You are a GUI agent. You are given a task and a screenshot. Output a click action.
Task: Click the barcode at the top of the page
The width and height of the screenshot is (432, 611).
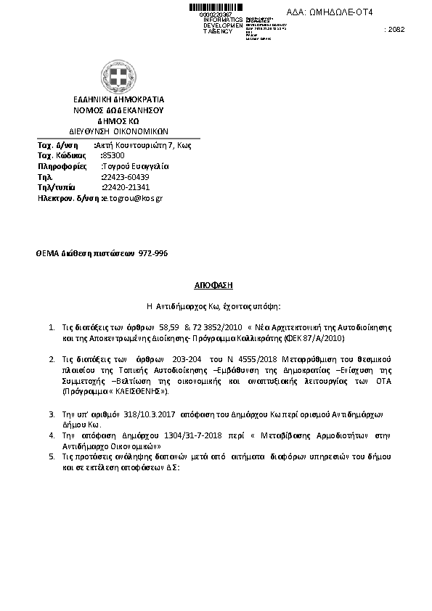point(218,7)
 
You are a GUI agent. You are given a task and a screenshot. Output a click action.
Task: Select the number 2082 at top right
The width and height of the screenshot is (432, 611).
point(395,30)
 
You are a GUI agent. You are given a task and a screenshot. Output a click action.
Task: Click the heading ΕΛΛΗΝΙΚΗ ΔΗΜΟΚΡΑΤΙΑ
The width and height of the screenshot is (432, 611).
point(119,99)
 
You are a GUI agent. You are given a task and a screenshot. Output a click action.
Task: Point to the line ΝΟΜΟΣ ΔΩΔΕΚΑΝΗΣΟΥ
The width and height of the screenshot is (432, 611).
point(119,110)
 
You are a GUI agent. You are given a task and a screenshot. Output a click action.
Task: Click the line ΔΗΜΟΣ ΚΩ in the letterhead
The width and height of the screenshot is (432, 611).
point(119,121)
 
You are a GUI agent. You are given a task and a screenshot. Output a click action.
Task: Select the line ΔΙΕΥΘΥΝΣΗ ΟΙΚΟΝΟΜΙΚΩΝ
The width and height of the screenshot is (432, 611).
point(119,132)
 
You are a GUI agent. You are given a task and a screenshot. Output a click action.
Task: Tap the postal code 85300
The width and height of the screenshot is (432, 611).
point(114,155)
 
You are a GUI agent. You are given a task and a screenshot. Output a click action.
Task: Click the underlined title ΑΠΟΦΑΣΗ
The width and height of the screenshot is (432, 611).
point(216,286)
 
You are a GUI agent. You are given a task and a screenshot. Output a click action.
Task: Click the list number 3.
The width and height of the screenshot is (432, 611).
point(52,414)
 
